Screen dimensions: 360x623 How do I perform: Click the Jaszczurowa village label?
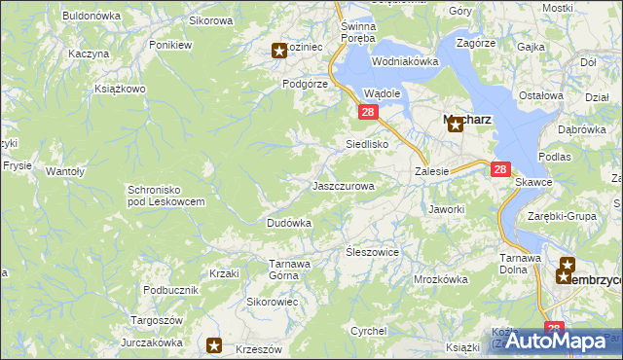click(343, 185)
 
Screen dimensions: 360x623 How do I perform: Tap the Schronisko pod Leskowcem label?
click(165, 196)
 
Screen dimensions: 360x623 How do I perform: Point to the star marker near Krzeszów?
click(215, 344)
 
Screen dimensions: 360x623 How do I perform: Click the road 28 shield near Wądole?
click(367, 113)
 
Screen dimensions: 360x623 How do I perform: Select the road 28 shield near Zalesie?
click(500, 168)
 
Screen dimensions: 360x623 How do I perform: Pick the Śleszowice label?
click(373, 252)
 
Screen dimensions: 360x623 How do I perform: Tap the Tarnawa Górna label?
click(289, 269)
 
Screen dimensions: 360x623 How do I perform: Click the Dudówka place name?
click(288, 223)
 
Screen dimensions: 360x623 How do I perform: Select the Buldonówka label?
click(91, 16)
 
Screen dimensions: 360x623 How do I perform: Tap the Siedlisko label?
click(368, 144)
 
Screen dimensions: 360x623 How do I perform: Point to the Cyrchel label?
click(369, 331)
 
